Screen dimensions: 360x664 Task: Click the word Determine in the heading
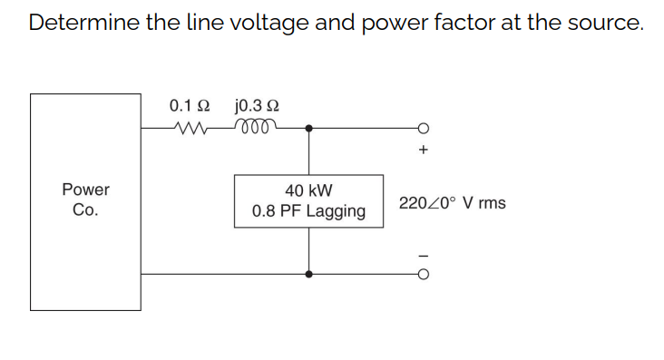(x=82, y=24)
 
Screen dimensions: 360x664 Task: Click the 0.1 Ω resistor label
(x=190, y=106)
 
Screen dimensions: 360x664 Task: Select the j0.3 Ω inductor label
(x=256, y=106)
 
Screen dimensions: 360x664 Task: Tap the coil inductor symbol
(x=256, y=128)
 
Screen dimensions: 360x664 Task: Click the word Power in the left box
(x=85, y=190)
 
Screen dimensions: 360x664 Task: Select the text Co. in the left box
(x=85, y=209)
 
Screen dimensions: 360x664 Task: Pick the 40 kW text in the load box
(x=308, y=190)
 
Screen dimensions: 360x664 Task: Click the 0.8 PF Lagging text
(x=308, y=211)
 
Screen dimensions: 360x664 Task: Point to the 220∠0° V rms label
(x=452, y=202)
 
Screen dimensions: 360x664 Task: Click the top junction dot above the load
(x=309, y=128)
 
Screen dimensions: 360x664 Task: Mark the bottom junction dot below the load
(x=309, y=273)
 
